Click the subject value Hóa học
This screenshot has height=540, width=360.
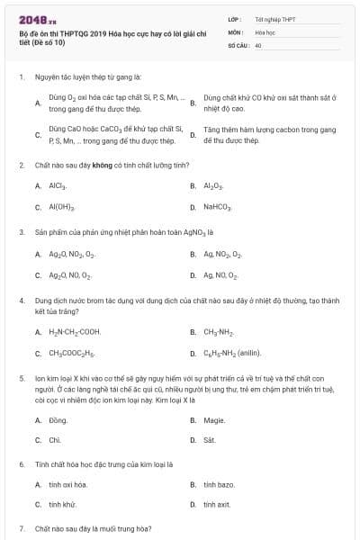point(265,31)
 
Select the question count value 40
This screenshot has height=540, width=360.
point(258,44)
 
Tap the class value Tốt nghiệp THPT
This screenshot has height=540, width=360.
point(274,19)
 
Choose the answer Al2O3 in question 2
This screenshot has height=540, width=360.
point(213,185)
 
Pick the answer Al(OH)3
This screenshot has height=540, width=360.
point(62,207)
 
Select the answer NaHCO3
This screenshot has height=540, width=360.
point(219,207)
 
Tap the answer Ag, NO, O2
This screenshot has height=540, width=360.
point(221,275)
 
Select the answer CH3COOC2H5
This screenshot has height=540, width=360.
point(72,353)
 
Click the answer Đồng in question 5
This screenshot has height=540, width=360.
point(58,419)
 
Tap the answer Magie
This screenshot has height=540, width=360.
point(214,419)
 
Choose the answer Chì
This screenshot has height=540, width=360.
point(55,440)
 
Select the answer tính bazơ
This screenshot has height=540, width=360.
point(219,484)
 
